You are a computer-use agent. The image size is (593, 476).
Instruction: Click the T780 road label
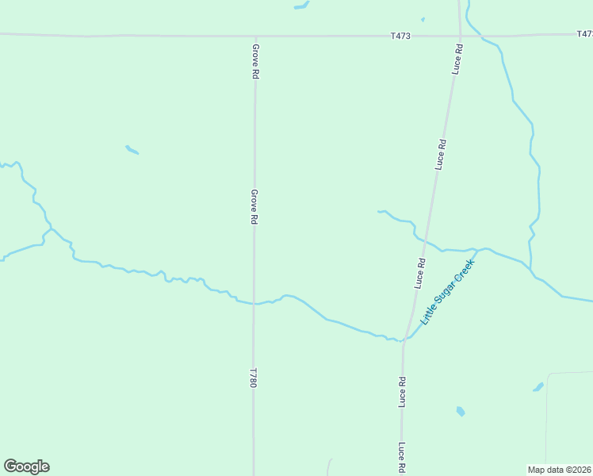point(254,378)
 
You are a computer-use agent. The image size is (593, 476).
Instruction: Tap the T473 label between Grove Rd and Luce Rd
point(401,36)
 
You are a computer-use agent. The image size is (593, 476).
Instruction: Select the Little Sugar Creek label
point(447,291)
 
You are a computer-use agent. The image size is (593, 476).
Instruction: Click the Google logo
point(26,466)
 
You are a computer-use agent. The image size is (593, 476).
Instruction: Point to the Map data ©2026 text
point(560,470)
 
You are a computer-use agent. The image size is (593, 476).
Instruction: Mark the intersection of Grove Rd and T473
point(255,36)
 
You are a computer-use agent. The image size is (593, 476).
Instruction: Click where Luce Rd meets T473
point(460,36)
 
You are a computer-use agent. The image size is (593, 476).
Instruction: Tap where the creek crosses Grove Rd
point(254,303)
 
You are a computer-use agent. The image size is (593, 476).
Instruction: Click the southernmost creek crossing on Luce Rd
point(404,340)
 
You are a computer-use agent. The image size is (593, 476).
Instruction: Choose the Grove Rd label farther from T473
point(254,206)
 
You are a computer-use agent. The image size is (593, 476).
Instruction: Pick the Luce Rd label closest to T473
point(458,59)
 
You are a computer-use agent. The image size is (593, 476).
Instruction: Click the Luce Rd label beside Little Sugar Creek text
point(420,273)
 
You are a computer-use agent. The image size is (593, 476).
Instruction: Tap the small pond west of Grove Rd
point(132,149)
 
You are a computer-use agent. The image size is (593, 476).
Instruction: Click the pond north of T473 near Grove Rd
point(301,6)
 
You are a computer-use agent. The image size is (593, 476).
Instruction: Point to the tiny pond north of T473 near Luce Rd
point(423,19)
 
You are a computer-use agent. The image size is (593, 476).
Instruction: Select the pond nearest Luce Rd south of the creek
point(460,411)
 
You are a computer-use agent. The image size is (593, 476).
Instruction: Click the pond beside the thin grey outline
point(538,387)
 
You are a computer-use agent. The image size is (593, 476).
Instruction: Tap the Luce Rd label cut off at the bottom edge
point(402,459)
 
